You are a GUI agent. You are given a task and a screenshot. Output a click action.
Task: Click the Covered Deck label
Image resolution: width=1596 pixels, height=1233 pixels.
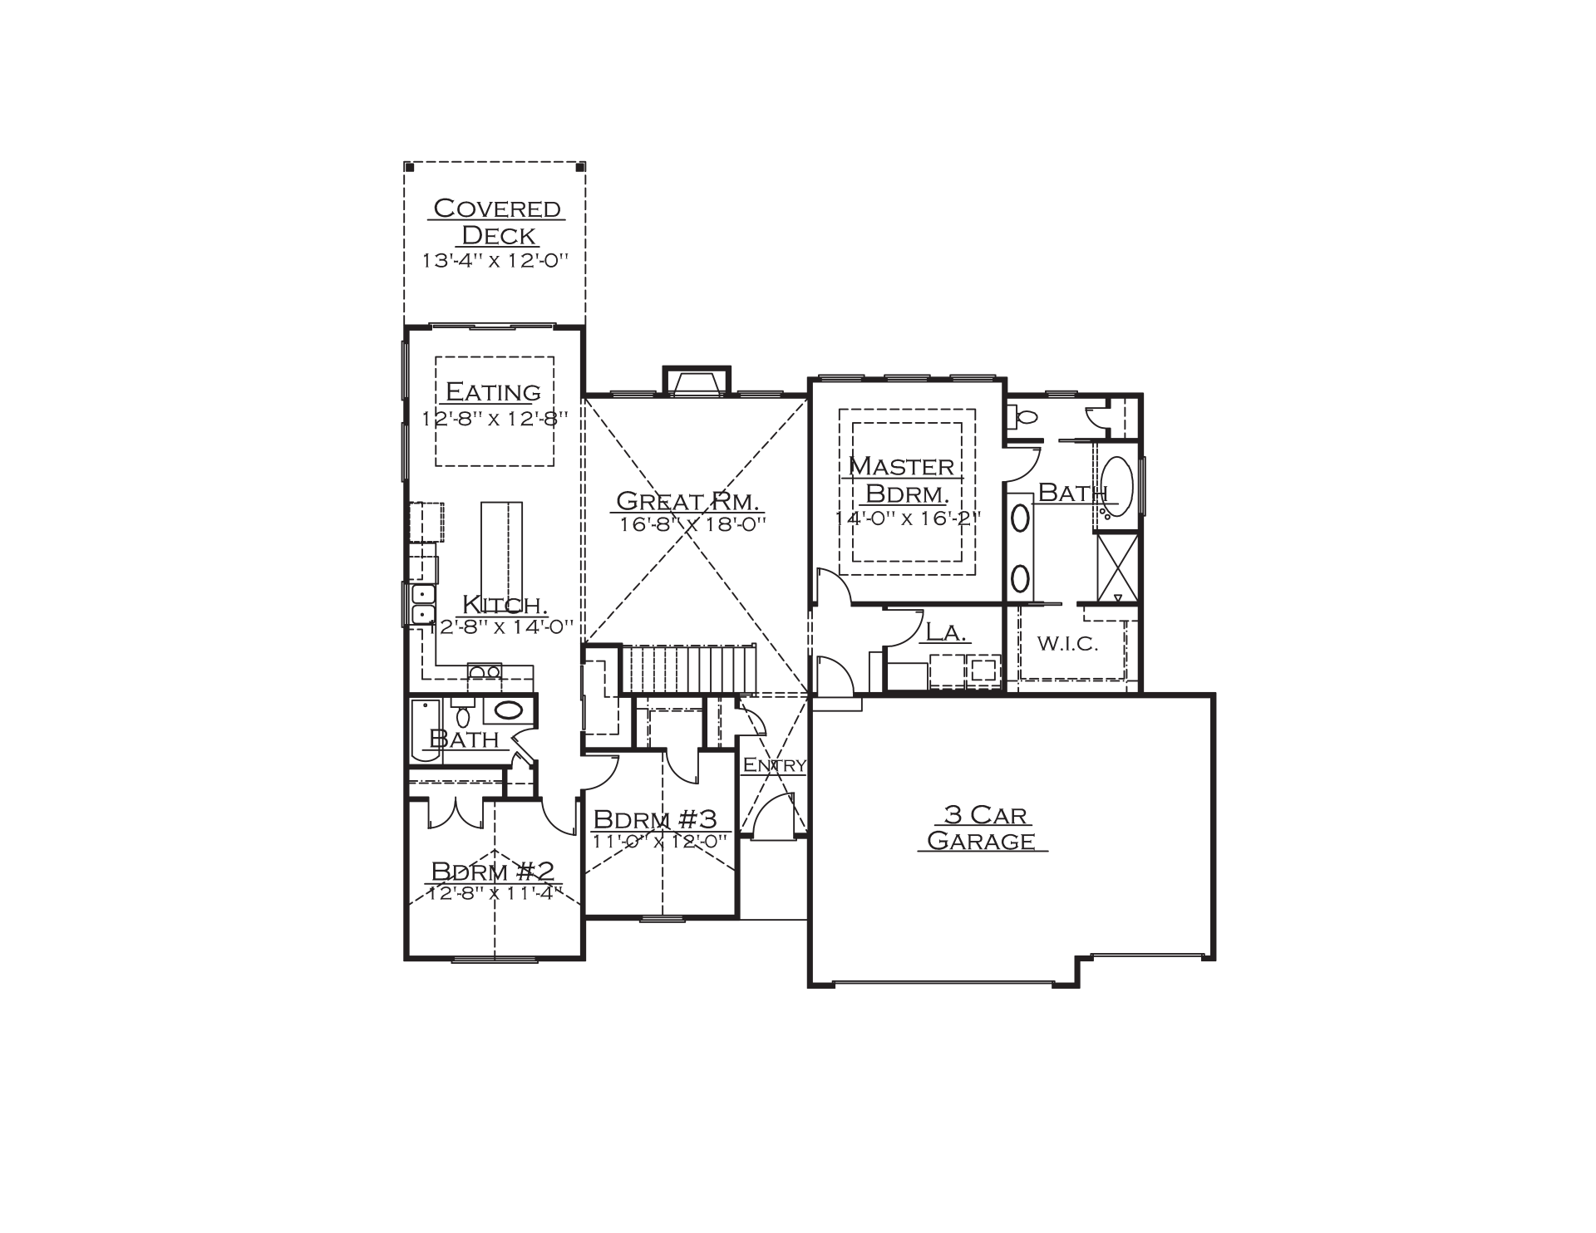tap(497, 221)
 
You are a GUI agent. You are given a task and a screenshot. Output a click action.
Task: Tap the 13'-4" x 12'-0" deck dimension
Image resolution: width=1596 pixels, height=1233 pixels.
tap(495, 260)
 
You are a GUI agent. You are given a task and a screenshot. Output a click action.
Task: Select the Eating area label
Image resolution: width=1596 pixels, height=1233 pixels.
tap(494, 391)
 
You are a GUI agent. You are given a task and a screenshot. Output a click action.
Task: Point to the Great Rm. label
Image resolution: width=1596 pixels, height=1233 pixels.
tap(687, 501)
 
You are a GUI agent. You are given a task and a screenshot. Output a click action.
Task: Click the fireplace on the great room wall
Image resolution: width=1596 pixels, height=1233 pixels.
tap(697, 381)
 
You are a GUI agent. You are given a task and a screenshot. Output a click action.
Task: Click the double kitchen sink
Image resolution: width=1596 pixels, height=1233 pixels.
tap(424, 604)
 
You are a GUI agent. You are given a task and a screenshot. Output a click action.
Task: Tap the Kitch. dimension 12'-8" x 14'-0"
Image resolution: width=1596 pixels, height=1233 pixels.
tap(501, 626)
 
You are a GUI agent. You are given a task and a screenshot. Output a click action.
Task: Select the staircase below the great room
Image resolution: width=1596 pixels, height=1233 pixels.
tap(689, 669)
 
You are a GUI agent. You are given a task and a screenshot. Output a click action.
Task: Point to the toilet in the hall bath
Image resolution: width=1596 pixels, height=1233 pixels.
tap(463, 713)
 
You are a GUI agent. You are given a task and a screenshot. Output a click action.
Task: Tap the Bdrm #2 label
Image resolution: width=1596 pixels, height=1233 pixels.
tap(492, 871)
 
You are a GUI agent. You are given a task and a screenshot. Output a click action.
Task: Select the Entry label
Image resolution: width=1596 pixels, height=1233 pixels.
tap(774, 765)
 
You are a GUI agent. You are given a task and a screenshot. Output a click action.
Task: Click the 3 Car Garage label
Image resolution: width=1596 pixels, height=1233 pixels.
tap(982, 828)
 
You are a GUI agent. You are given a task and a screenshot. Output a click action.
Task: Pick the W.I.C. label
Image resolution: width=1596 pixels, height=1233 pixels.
tap(1068, 643)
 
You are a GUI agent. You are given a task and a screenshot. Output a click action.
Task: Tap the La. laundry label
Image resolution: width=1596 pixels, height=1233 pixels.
tap(946, 632)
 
